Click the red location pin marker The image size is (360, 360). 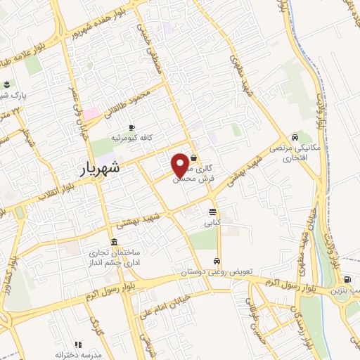(x=181, y=165)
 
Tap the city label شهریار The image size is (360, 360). (x=96, y=169)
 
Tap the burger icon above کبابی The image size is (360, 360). (x=212, y=211)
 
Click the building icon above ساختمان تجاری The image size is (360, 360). (x=114, y=243)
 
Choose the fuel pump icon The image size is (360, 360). (x=347, y=279)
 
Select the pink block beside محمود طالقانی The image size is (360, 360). (x=92, y=112)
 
